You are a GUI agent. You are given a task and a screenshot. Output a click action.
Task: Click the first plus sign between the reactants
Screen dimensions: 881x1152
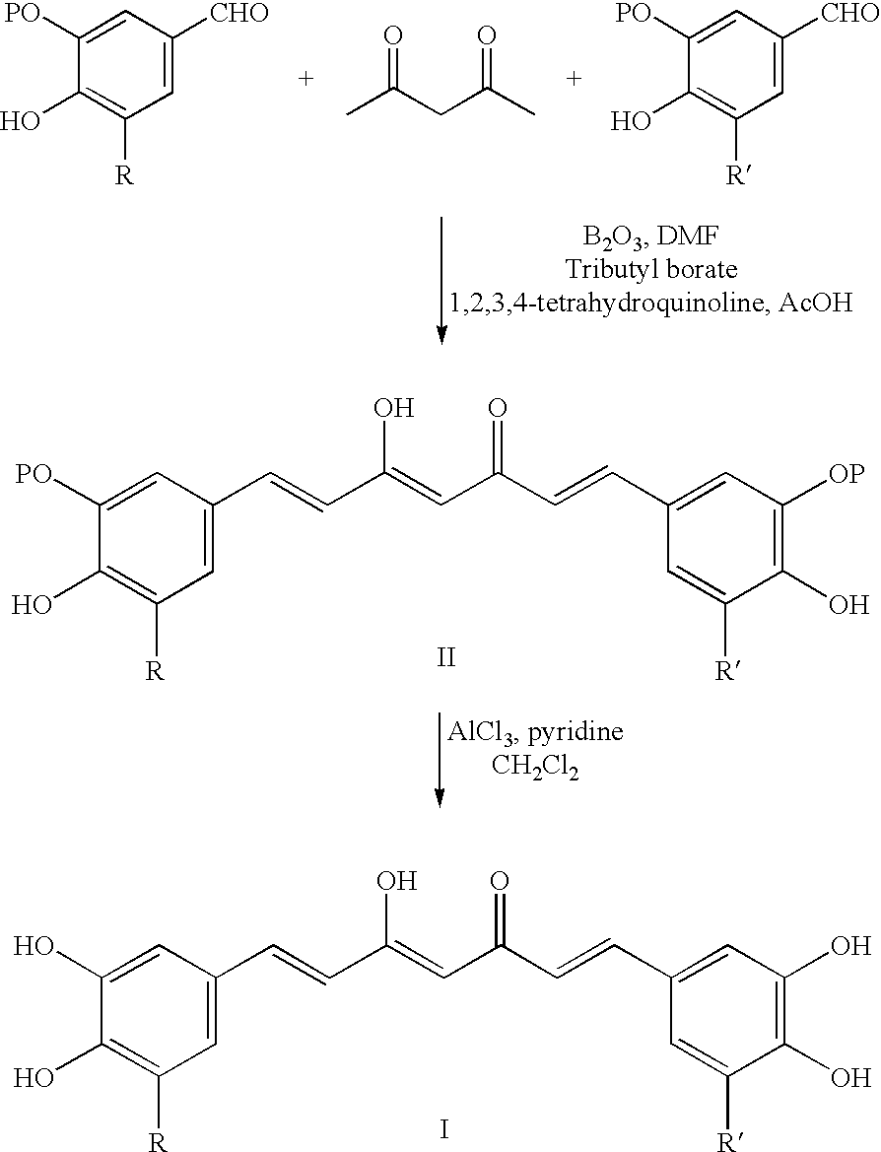coord(307,79)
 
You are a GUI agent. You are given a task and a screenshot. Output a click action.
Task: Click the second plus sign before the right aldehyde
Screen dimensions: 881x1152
coord(574,79)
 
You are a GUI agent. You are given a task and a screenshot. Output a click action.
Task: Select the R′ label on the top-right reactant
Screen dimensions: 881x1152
coord(735,177)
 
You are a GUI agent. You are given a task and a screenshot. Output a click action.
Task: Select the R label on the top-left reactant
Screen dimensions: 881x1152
coord(124,177)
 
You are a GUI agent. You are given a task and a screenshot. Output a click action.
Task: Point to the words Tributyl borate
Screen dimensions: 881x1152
coord(651,270)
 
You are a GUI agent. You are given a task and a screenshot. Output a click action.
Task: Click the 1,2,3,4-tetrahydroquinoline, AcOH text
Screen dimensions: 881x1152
coord(651,302)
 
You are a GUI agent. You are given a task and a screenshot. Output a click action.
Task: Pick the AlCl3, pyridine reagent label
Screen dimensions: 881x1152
coord(536,732)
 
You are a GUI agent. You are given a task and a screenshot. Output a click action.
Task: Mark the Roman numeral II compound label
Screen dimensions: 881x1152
coord(446,657)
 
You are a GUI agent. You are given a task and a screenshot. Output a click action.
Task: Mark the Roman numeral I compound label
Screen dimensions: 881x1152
coord(443,1129)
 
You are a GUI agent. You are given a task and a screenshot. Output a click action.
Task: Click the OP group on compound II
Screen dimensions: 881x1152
coord(847,474)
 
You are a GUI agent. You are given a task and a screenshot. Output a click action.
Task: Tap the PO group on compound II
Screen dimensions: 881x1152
coord(34,474)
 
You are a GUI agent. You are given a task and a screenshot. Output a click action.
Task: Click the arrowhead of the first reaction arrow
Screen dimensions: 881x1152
coord(440,335)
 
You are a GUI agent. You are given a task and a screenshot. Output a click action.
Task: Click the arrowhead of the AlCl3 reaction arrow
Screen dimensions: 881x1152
coord(440,797)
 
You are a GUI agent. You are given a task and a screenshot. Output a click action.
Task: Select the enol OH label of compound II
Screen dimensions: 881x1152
coord(394,408)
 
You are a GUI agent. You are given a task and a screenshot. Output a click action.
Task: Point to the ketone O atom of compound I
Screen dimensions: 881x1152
coord(499,881)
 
